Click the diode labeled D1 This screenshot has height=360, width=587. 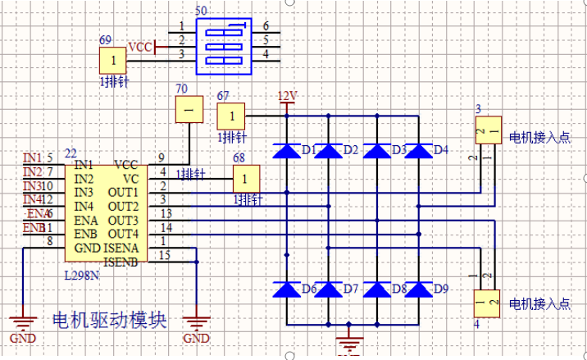286,151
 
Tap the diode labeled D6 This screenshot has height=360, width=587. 286,289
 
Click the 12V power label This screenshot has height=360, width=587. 287,96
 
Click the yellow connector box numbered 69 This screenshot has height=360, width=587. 113,61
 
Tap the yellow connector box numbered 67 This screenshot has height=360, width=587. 232,115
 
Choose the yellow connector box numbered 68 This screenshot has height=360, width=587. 246,177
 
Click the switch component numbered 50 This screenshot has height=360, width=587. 223,41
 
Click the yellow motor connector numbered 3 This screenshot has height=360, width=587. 488,130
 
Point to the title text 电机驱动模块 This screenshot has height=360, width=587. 109,320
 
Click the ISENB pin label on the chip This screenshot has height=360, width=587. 121,262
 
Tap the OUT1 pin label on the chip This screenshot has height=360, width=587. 123,192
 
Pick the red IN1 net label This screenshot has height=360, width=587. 33,157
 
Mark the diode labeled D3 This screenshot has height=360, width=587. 376,151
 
